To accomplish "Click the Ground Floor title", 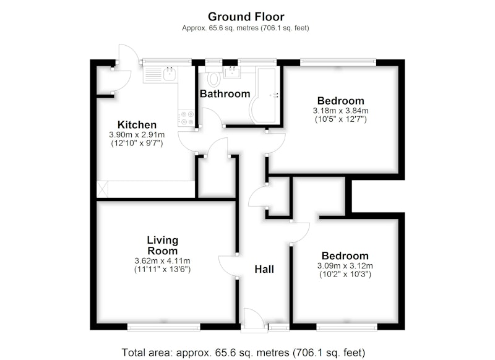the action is point(246,17).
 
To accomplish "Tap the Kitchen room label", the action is point(137,124).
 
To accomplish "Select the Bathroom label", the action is point(225,93).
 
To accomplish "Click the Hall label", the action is point(264,269).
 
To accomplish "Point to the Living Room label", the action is point(163,246).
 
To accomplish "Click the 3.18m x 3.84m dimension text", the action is point(341,111).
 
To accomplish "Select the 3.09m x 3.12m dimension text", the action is point(345,265).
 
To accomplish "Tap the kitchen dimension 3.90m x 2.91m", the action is point(137,135).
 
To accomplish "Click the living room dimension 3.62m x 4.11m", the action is point(162,261).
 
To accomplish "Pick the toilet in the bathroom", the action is point(214,79).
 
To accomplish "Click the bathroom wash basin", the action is point(233,72).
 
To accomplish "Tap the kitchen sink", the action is point(170,74).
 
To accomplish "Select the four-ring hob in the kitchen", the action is point(186,118).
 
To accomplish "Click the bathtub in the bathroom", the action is point(265,96).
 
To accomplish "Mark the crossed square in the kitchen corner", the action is point(102,189).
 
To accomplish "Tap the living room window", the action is point(164,327).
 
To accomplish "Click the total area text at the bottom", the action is point(243,352).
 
